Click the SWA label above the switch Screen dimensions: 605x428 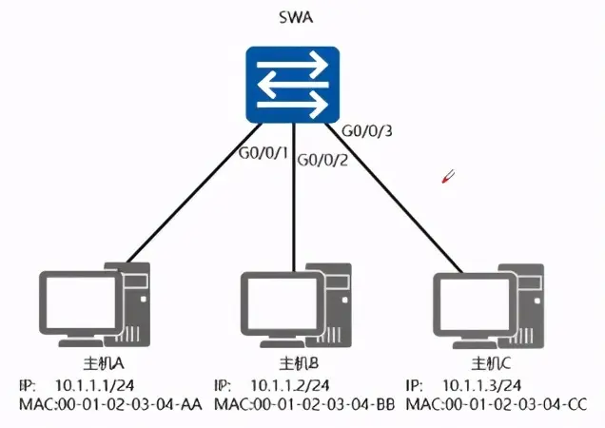pyautogui.click(x=296, y=18)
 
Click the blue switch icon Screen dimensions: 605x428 pyautogui.click(x=293, y=85)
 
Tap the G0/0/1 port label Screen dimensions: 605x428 pyautogui.click(x=263, y=153)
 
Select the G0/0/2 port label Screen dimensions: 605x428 pyautogui.click(x=322, y=160)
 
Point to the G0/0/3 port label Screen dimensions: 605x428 pyautogui.click(x=367, y=131)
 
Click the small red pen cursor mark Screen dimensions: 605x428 pyautogui.click(x=448, y=176)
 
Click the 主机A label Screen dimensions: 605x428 pyautogui.click(x=104, y=363)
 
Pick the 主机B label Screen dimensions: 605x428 pyautogui.click(x=299, y=363)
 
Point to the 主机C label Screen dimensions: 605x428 pyautogui.click(x=491, y=363)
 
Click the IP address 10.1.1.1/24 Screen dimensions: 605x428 pyautogui.click(x=95, y=385)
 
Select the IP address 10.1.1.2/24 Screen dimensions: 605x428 pyautogui.click(x=290, y=385)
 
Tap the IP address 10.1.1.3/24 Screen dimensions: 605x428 pyautogui.click(x=482, y=385)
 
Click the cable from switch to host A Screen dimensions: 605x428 pyautogui.click(x=194, y=192)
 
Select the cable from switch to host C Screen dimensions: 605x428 pyautogui.click(x=394, y=197)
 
